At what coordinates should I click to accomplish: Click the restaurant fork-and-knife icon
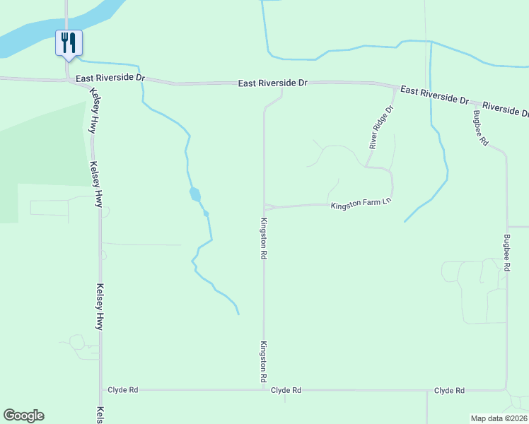69,42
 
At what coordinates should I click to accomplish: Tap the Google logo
23,416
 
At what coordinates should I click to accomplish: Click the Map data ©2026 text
499,418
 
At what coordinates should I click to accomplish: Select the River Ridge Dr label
380,127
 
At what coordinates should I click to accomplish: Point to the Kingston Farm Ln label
361,204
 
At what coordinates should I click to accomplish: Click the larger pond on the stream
194,194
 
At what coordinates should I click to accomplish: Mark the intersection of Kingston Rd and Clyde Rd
264,389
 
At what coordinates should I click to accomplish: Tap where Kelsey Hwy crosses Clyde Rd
100,389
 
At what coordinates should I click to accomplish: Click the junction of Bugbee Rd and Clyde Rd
506,389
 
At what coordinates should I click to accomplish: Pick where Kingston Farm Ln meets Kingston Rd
264,208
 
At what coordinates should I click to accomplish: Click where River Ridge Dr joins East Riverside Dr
394,88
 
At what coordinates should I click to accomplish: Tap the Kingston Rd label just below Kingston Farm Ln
263,238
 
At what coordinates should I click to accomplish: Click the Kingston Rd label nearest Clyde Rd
263,362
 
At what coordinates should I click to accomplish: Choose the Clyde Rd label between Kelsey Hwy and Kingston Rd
123,390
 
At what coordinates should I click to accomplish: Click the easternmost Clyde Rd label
449,390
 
